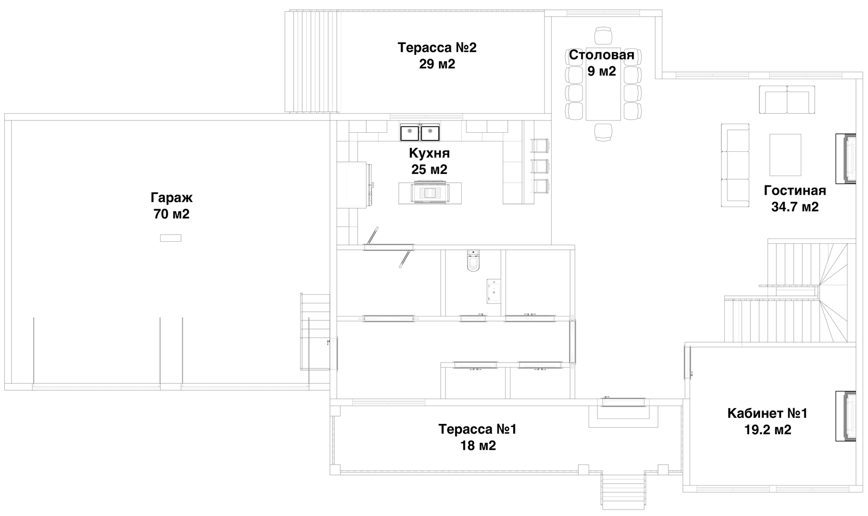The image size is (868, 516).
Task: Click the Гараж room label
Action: coord(171,198)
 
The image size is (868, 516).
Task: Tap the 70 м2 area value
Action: coord(171,214)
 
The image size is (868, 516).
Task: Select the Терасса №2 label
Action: coord(437,48)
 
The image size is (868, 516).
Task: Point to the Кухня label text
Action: coord(429,154)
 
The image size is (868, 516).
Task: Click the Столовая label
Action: coord(602,55)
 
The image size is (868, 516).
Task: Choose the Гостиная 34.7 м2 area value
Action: coord(795,207)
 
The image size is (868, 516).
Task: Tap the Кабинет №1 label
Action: coord(767,414)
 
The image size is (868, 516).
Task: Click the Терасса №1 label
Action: coord(477,429)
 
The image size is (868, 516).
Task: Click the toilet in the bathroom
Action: coord(473,261)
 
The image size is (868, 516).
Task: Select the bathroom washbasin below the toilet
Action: coord(494,291)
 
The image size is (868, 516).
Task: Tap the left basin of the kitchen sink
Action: coord(410,132)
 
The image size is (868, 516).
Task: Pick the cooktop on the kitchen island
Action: coord(430,192)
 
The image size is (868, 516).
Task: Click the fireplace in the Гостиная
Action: coord(846,159)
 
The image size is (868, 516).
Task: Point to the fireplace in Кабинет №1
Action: coord(846,416)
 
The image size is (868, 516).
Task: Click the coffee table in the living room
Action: coord(785,155)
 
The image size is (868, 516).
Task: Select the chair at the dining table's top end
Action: coord(603,36)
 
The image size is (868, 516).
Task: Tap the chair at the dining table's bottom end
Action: coord(603,132)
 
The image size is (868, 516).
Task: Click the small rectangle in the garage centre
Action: coord(170,238)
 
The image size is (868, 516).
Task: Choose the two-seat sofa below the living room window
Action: coord(787,100)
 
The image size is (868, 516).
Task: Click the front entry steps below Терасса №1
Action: coord(623,491)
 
